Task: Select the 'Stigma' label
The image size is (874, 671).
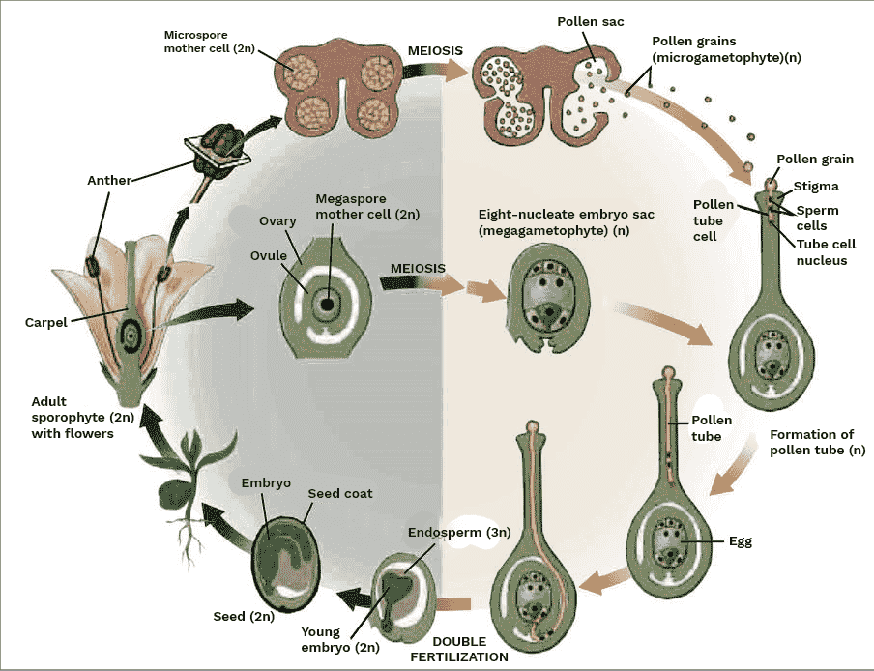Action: (816, 186)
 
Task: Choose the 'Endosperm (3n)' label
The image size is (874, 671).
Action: (446, 532)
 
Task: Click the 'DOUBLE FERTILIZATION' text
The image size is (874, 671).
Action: (458, 649)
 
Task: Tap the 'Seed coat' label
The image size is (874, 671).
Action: (339, 493)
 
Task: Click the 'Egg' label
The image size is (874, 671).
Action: (740, 541)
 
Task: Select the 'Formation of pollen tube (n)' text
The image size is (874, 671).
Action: (816, 443)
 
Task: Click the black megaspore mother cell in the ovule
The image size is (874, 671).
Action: (329, 305)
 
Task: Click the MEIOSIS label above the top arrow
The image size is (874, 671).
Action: (434, 50)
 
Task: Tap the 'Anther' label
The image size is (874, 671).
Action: (109, 180)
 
